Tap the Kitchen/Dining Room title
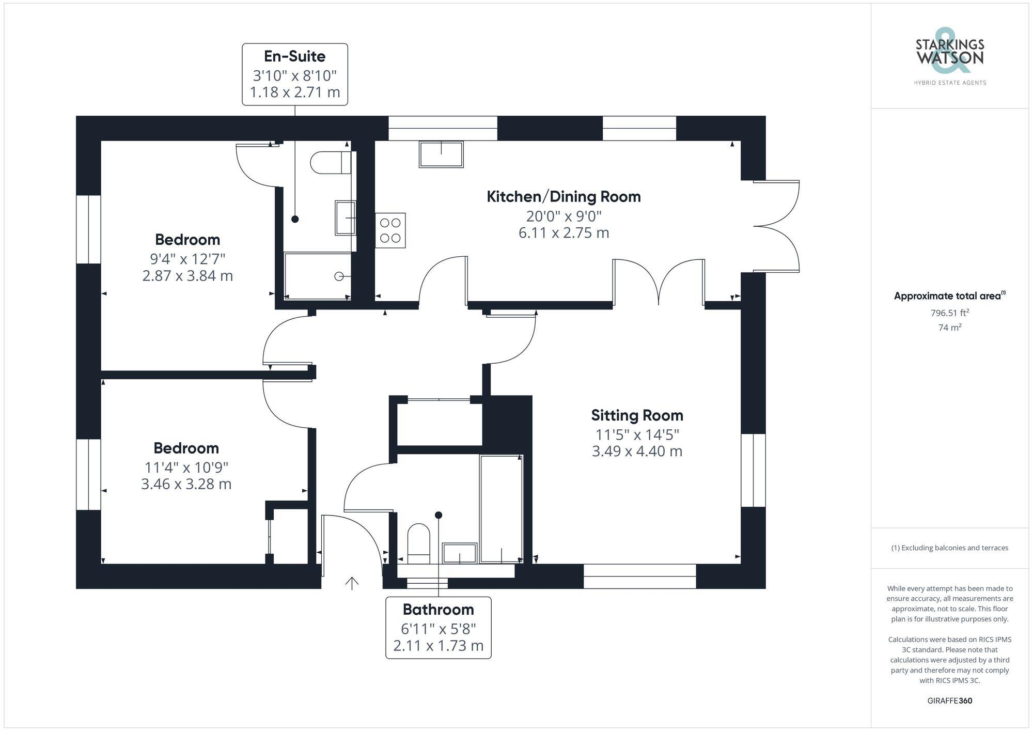coord(564,196)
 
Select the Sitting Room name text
coord(637,415)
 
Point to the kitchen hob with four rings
coord(390,230)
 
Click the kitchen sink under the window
coord(441,154)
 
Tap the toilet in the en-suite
coord(331,163)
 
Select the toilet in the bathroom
coord(419,544)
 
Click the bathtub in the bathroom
coord(501,509)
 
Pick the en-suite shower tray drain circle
coord(339,276)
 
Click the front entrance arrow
coord(352,583)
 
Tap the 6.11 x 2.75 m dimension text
coord(564,232)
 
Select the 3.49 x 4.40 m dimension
coord(637,451)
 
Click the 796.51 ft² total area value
coord(949,313)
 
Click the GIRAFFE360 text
coord(950,701)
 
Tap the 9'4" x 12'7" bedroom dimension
coord(187,259)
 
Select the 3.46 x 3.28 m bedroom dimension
coord(186,484)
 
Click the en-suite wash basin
coord(346,218)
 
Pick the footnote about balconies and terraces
coord(949,548)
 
